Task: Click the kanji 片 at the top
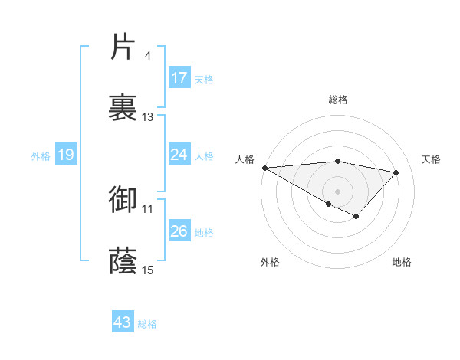pos(123,48)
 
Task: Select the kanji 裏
pos(123,108)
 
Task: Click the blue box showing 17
pos(179,78)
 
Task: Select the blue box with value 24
pos(179,155)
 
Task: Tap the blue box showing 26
pos(179,231)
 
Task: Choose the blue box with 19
pos(65,155)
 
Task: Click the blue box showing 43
pos(123,322)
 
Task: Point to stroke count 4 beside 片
pos(147,56)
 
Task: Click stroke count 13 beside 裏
pos(148,117)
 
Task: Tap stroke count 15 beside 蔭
pos(148,270)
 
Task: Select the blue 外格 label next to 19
pos(41,155)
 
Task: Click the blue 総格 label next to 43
pos(147,323)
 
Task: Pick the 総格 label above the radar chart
pos(338,100)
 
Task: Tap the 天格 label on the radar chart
pos(431,159)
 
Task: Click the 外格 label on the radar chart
pos(269,262)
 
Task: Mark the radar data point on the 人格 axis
pos(264,168)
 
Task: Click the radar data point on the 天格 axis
pos(396,172)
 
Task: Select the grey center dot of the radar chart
pos(337,191)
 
